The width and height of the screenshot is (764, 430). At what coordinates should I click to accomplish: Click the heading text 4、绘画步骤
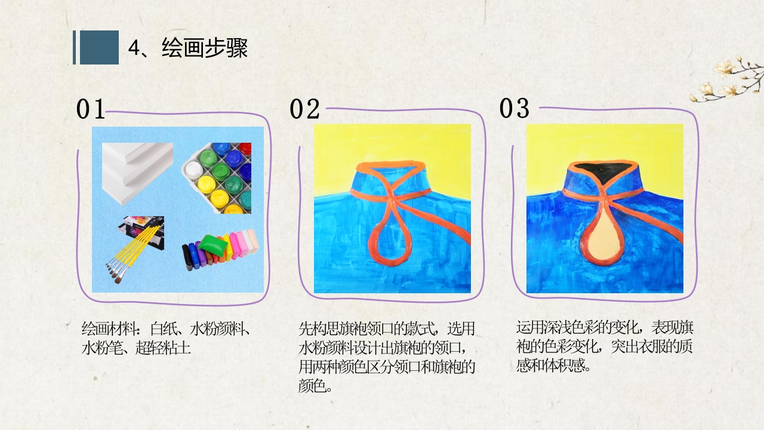pyautogui.click(x=188, y=48)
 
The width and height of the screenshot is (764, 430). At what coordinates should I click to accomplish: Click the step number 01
pyautogui.click(x=91, y=109)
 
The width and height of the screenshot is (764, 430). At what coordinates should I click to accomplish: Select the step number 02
pyautogui.click(x=304, y=109)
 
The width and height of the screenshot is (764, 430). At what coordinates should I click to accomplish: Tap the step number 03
pyautogui.click(x=515, y=108)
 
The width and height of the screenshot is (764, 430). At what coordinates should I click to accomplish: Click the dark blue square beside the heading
pyautogui.click(x=99, y=47)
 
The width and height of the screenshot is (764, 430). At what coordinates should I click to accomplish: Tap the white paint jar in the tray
pyautogui.click(x=192, y=170)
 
